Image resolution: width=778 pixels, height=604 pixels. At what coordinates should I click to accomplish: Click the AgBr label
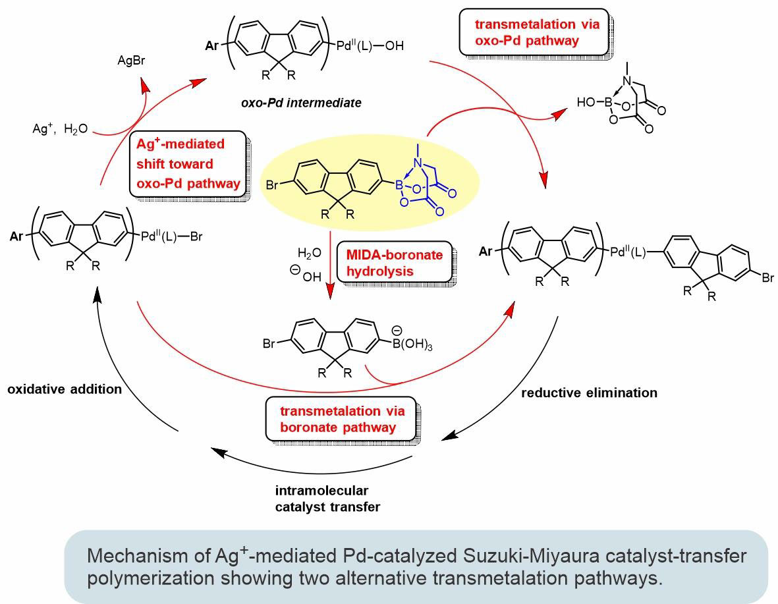point(132,61)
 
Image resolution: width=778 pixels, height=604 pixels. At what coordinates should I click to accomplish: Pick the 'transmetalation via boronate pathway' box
point(341,418)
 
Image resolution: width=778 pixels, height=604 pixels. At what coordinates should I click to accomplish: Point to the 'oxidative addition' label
point(65,389)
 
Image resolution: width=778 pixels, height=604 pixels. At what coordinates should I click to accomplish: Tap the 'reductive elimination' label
point(589,393)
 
